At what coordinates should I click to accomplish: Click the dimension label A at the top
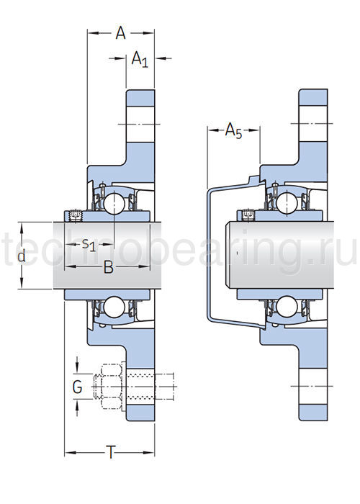pyautogui.click(x=120, y=33)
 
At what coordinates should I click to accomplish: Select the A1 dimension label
pyautogui.click(x=140, y=60)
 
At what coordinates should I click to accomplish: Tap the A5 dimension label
pyautogui.click(x=234, y=130)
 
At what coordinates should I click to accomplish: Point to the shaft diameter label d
pyautogui.click(x=21, y=256)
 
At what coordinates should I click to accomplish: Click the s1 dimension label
pyautogui.click(x=89, y=245)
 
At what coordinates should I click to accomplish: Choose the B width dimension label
pyautogui.click(x=109, y=267)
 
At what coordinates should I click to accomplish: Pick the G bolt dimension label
pyautogui.click(x=77, y=387)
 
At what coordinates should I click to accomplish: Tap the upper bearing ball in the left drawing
pyautogui.click(x=114, y=203)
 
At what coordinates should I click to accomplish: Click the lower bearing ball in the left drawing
pyautogui.click(x=114, y=307)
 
